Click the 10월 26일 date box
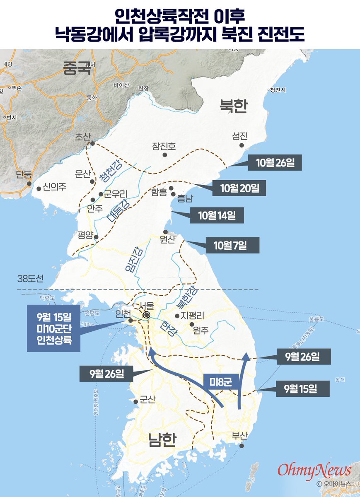tap(275, 162)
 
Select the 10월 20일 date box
tap(239, 188)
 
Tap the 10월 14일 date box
tap(217, 215)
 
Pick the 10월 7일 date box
tap(231, 245)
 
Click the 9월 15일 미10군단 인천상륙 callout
tap(53, 328)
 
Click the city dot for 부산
tap(242, 446)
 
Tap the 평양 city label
tap(85, 235)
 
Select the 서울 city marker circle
tap(146, 315)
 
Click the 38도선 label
tap(30, 278)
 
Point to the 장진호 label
tap(164, 146)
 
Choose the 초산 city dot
tap(93, 144)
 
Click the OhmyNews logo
tap(314, 470)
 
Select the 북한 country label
tap(233, 106)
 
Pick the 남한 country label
tap(162, 440)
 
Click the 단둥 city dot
tap(29, 183)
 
